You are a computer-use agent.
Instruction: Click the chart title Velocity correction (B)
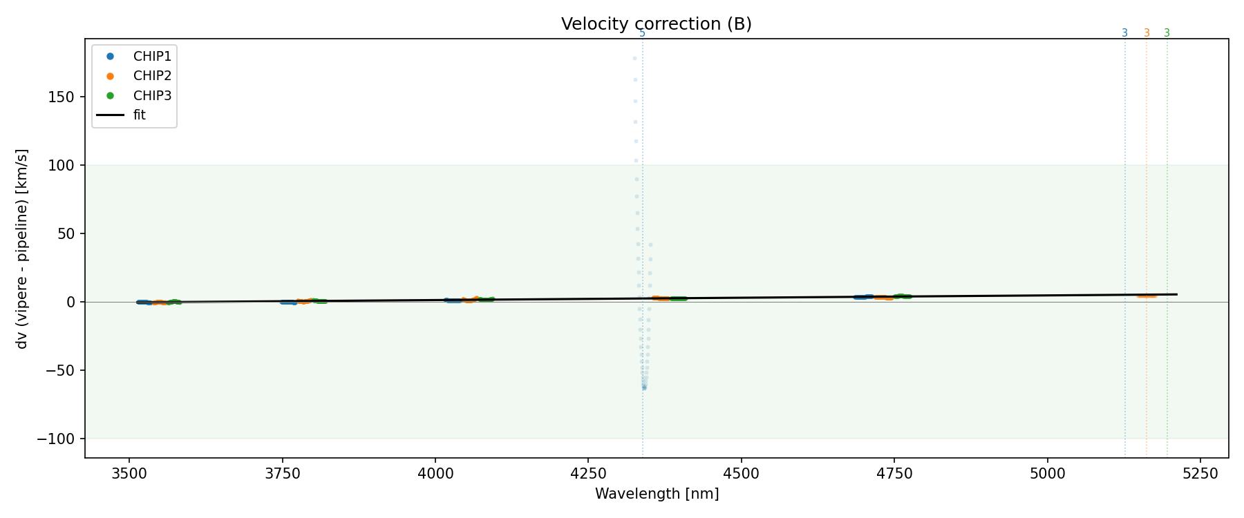(656, 24)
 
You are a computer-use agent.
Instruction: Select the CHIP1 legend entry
(152, 57)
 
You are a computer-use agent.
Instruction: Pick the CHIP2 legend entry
(152, 76)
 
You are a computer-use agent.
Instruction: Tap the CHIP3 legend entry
(152, 96)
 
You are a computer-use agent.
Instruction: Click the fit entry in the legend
(140, 115)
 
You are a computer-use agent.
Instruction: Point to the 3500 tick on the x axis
(129, 473)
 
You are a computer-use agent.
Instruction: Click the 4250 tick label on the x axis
(588, 473)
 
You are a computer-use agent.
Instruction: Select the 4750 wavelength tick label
(894, 473)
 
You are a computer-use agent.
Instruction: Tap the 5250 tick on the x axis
(1200, 473)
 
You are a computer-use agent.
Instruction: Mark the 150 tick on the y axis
(62, 97)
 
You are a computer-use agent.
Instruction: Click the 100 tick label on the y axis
(62, 166)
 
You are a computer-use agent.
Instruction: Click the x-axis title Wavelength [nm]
(657, 494)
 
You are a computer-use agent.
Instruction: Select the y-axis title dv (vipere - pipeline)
(22, 249)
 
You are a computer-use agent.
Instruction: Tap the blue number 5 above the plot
(642, 33)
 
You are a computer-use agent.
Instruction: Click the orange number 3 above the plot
(1147, 33)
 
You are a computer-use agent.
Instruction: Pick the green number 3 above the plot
(1167, 33)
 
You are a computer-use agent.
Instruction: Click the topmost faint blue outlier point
(634, 59)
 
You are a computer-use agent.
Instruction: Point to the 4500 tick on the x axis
(741, 473)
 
